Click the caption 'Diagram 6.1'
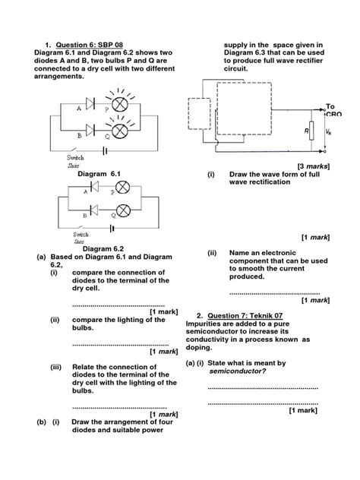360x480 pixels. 99,174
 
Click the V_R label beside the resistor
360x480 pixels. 327,130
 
